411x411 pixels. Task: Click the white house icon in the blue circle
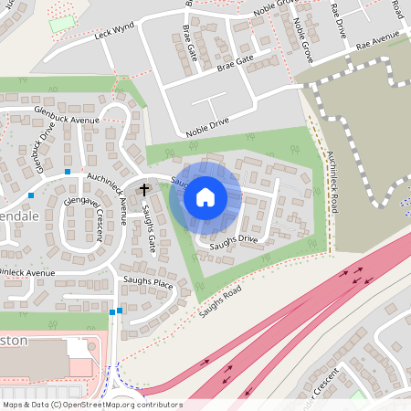(205, 196)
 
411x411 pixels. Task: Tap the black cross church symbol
(144, 190)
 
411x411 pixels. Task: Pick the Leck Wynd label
(114, 35)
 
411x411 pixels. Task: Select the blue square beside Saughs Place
(112, 312)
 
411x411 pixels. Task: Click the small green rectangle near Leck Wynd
(62, 24)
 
